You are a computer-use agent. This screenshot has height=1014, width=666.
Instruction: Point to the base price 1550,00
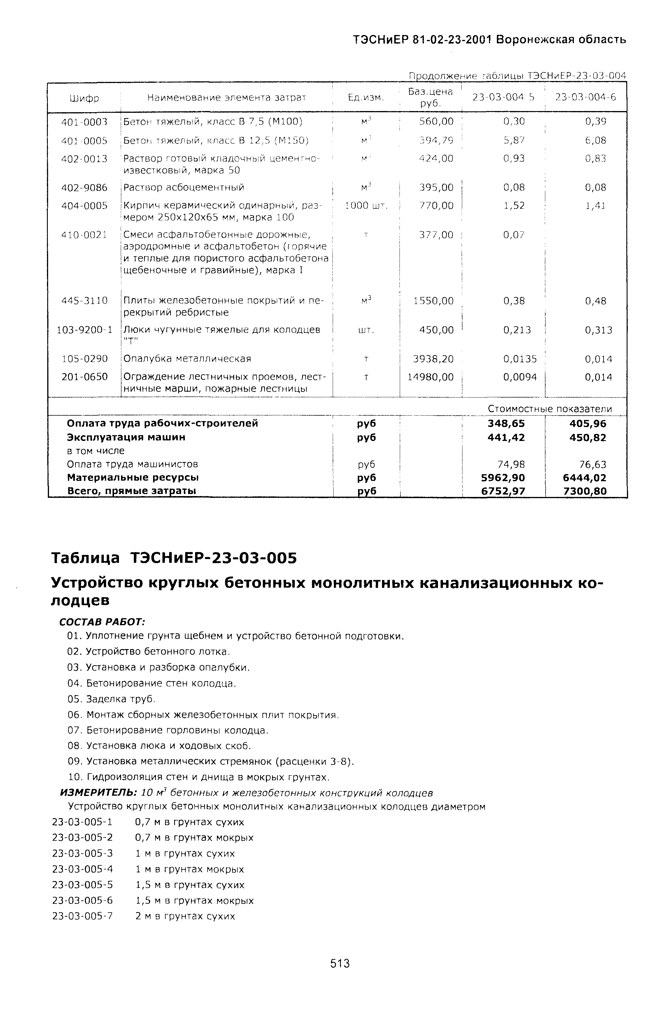tap(433, 301)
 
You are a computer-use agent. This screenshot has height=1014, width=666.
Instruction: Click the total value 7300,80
tap(585, 491)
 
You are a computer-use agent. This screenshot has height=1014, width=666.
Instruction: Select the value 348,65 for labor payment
tap(506, 423)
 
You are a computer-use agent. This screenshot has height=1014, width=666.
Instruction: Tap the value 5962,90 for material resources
tap(503, 478)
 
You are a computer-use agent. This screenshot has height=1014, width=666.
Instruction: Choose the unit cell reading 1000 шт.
tap(366, 206)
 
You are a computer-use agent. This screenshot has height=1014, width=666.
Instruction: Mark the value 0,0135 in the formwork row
tap(520, 359)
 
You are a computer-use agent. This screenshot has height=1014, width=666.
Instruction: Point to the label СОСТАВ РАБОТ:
tap(102, 622)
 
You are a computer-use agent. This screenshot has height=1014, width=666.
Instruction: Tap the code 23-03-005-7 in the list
tap(82, 916)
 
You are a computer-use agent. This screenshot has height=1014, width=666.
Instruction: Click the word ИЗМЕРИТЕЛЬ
tap(98, 793)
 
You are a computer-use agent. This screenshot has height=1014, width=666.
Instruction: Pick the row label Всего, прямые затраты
tap(131, 491)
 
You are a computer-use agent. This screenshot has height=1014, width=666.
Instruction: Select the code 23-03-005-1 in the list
tap(82, 822)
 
